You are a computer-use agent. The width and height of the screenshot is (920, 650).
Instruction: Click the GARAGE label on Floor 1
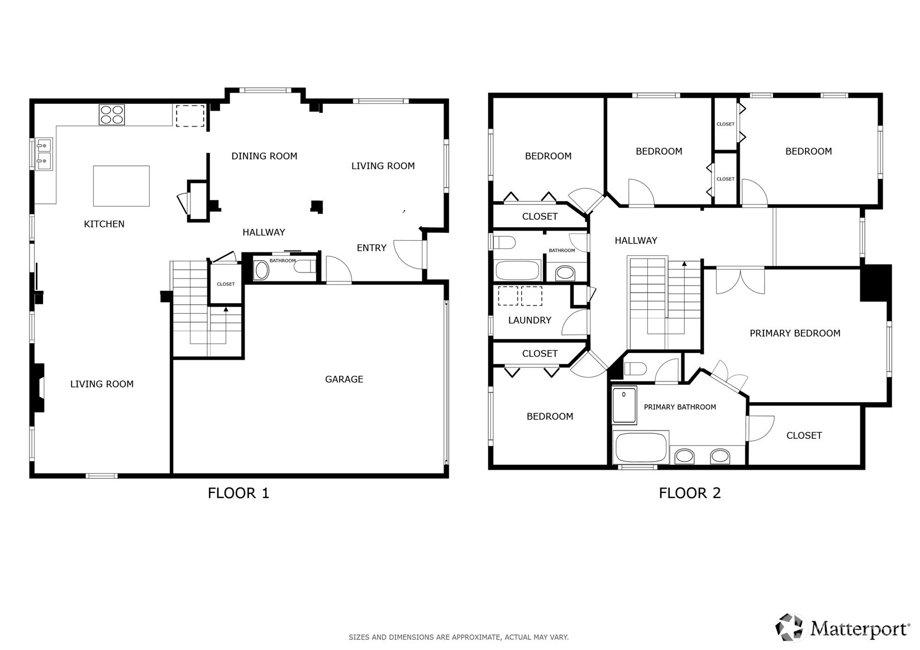[x=344, y=379]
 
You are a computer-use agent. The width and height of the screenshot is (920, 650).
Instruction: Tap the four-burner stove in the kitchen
[x=112, y=114]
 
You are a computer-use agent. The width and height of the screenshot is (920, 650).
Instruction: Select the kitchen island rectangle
[x=121, y=185]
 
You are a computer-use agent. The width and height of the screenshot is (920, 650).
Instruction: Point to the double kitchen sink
[x=44, y=154]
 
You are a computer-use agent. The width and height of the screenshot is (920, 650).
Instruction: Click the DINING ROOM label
[x=264, y=156]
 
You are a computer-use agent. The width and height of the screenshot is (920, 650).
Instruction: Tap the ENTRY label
[x=371, y=247]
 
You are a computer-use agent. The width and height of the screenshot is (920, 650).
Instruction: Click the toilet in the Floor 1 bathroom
[x=305, y=267]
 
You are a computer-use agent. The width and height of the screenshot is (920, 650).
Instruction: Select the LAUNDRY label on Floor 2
[x=530, y=321]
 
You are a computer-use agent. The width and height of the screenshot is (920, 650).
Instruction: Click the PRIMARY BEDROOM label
[x=795, y=333]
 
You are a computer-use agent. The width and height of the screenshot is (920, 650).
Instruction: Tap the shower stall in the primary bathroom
[x=625, y=405]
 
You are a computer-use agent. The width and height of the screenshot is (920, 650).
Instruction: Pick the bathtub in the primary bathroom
[x=641, y=447]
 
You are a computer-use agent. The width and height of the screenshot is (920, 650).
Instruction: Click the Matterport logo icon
[x=789, y=627]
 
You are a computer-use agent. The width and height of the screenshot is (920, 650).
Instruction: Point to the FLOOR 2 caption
[x=690, y=493]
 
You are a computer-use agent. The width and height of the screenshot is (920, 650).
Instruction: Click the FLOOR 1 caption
[x=238, y=493]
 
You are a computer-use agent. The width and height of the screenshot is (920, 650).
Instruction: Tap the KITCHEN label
[x=104, y=224]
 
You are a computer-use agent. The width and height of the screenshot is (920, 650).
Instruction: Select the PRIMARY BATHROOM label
[x=680, y=407]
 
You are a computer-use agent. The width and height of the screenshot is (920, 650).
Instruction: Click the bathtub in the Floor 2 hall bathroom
[x=517, y=270]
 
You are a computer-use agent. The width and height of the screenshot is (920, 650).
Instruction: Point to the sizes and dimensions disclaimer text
[x=459, y=637]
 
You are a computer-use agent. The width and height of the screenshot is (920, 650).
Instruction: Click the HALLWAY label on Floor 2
[x=636, y=241]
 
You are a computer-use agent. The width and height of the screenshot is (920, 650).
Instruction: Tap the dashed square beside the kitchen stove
[x=190, y=116]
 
